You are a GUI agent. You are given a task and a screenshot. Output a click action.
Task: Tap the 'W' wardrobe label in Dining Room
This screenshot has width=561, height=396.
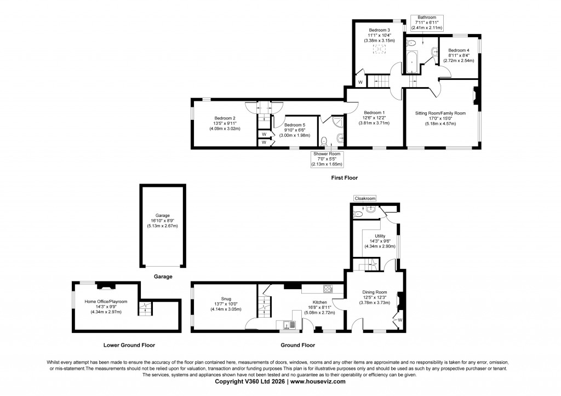point(400,320)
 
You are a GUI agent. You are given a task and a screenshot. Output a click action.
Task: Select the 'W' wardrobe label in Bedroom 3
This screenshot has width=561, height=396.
point(360,82)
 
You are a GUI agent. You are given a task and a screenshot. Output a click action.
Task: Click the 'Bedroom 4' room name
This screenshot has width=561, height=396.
point(459,50)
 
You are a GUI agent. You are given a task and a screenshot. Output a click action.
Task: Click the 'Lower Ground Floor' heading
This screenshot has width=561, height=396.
point(129,346)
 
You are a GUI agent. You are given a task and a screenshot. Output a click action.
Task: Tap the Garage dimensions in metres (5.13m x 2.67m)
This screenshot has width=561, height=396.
point(162,226)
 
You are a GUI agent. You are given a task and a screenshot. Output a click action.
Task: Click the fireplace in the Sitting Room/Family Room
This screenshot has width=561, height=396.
point(476,96)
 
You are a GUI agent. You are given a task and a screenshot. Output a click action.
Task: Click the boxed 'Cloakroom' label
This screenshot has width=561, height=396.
point(365,198)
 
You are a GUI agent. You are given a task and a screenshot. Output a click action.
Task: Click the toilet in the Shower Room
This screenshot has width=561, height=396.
point(325,141)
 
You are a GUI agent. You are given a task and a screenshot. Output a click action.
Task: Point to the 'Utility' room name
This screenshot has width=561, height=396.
point(380,236)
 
